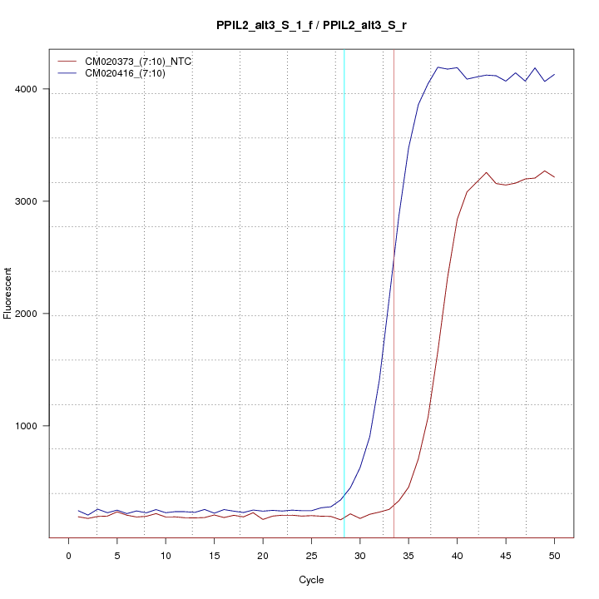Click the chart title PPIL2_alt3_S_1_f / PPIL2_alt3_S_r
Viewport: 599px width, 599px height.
[311, 26]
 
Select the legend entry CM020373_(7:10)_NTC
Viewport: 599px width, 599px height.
[139, 62]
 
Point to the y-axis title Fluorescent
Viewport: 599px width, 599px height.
[8, 293]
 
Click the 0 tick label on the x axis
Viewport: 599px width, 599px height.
[68, 555]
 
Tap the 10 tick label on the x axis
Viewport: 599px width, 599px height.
[166, 555]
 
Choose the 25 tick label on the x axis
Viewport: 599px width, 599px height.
[311, 555]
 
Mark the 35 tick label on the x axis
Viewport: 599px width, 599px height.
[408, 555]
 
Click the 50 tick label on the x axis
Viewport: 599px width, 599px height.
[554, 555]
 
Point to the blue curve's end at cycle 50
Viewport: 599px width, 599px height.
[554, 74]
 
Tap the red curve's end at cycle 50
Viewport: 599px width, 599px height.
[554, 177]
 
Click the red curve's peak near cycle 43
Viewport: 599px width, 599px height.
[486, 172]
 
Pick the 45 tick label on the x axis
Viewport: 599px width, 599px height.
[506, 555]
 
